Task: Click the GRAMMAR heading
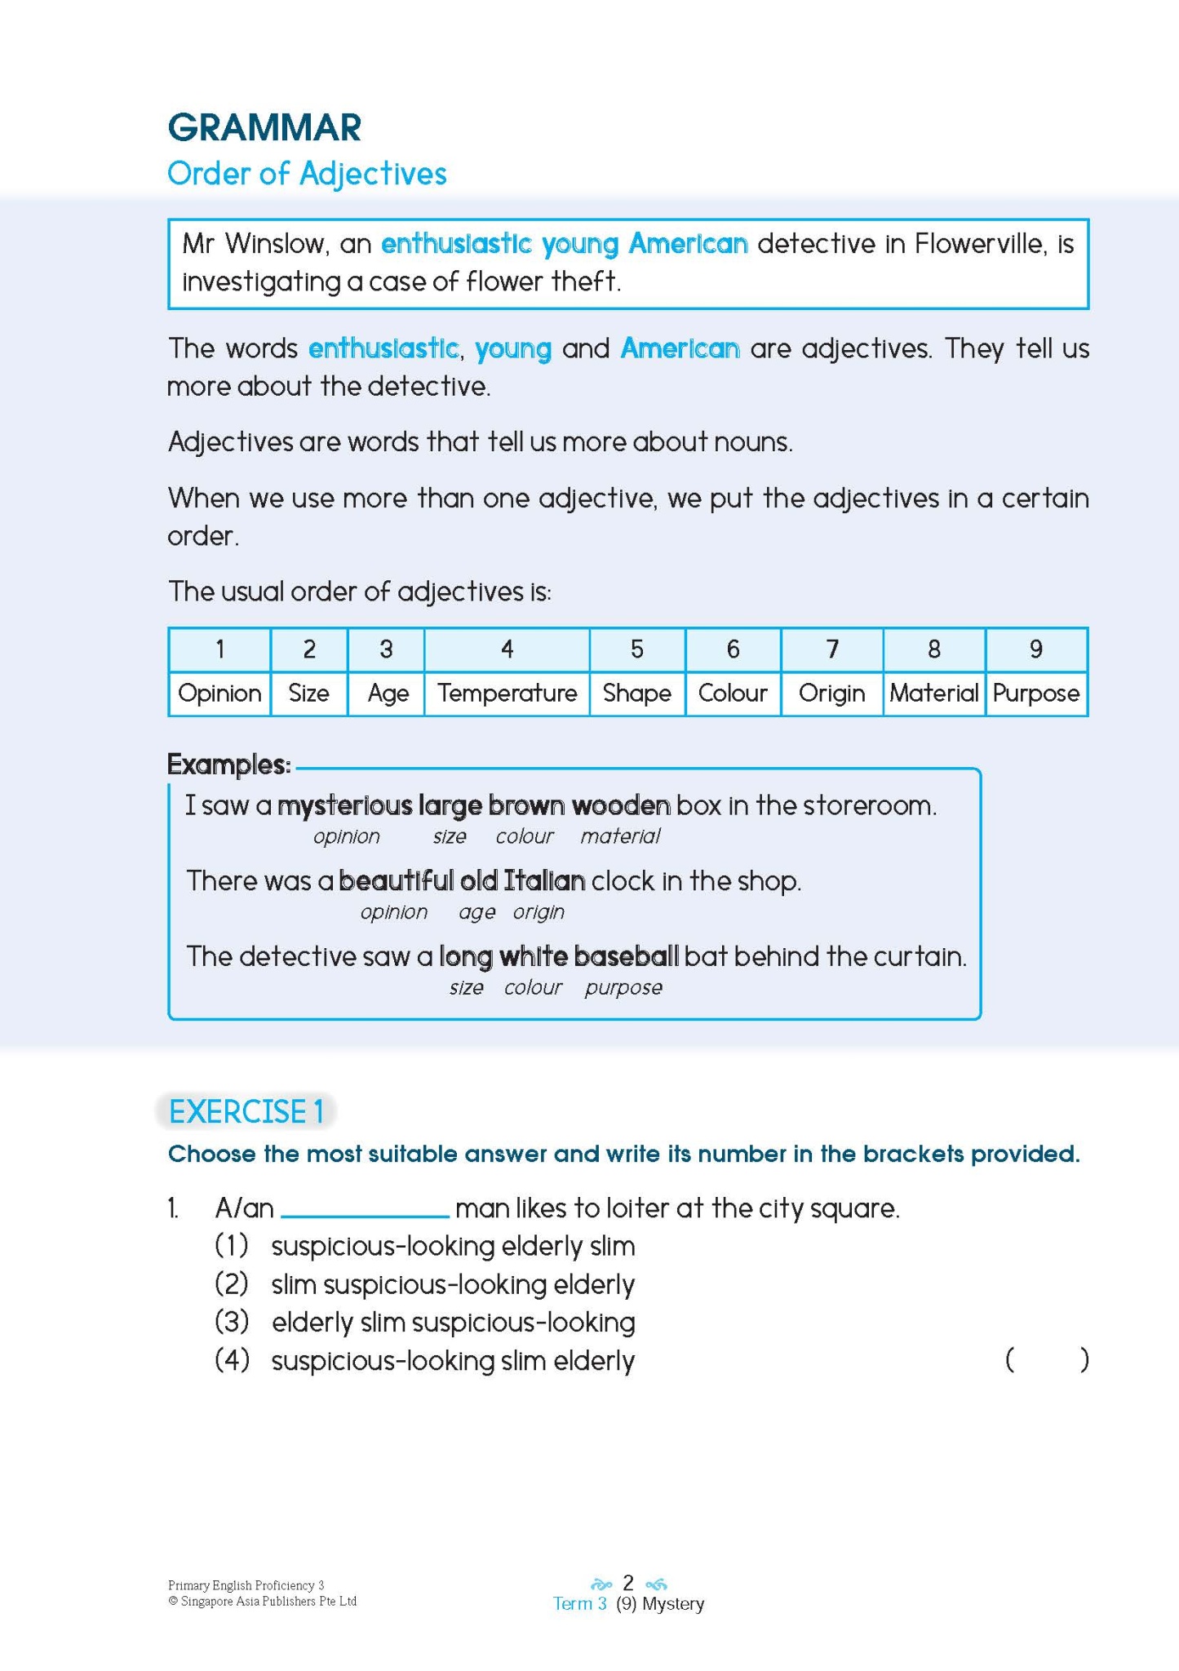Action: [x=264, y=128]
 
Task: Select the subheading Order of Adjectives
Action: [x=307, y=174]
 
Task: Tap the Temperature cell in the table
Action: [x=507, y=694]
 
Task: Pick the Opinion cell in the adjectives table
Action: [x=219, y=694]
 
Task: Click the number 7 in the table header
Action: [x=831, y=649]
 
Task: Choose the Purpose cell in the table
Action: [x=1035, y=694]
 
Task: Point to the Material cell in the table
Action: [x=933, y=694]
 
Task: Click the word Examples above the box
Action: [x=228, y=765]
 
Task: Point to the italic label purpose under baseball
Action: [x=623, y=988]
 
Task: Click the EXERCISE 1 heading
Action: [x=246, y=1112]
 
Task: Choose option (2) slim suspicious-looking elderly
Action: [x=453, y=1284]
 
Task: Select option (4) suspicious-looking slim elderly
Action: [x=453, y=1361]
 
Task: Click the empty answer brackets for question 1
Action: [x=1047, y=1360]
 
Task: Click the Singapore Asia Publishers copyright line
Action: [x=262, y=1602]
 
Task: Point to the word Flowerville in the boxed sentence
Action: [x=978, y=244]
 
